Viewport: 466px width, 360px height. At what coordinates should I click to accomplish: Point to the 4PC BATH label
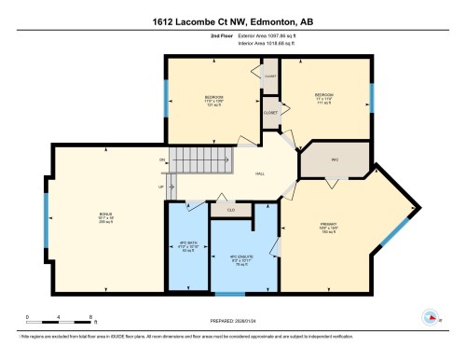point(185,248)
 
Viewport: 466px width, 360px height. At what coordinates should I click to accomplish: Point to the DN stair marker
point(161,160)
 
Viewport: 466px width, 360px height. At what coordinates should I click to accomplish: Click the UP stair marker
point(161,187)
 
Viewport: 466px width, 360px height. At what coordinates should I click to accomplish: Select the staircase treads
point(189,161)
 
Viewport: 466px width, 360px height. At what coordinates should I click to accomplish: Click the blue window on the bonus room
point(45,219)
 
